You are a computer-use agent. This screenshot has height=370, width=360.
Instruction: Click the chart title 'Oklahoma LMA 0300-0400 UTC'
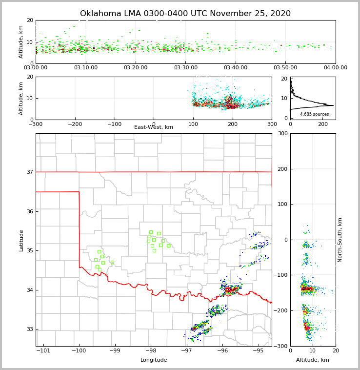coord(185,14)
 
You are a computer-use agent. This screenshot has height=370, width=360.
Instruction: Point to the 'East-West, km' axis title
coord(154,127)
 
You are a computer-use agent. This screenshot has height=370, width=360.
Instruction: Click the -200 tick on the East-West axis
coord(75,124)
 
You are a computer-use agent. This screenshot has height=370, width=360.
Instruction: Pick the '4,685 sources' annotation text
coord(314,114)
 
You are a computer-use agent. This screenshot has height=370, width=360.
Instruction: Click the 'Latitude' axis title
coord(21,240)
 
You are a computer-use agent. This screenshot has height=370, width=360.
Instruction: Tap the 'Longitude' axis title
coord(154,360)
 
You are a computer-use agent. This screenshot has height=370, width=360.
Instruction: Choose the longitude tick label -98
coord(150,350)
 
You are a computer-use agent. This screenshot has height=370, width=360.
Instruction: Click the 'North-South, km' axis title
coord(340,240)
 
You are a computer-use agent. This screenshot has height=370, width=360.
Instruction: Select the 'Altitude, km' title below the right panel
coord(313,360)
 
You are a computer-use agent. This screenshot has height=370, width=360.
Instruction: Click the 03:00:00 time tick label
coord(36,68)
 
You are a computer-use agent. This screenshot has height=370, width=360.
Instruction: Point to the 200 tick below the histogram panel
coord(322,124)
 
